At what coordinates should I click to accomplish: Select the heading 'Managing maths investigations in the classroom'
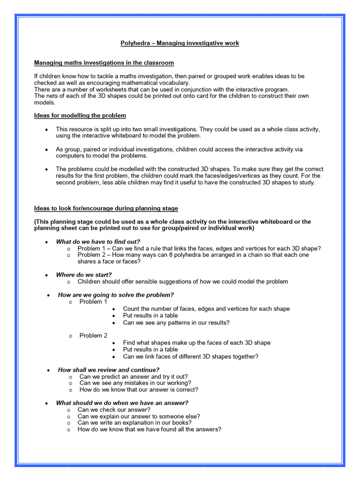point(104,62)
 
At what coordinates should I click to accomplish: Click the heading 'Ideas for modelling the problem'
point(80,116)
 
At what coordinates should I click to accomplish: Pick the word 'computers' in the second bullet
point(70,156)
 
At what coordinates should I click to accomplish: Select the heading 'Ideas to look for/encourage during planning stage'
point(106,208)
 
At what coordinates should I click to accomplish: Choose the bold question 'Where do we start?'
point(84,275)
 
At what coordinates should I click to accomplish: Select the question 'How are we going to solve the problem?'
point(116,295)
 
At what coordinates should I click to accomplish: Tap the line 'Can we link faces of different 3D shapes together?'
point(190,356)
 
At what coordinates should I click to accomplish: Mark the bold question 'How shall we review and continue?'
point(109,370)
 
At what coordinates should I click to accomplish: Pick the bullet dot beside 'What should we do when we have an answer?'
point(46,403)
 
